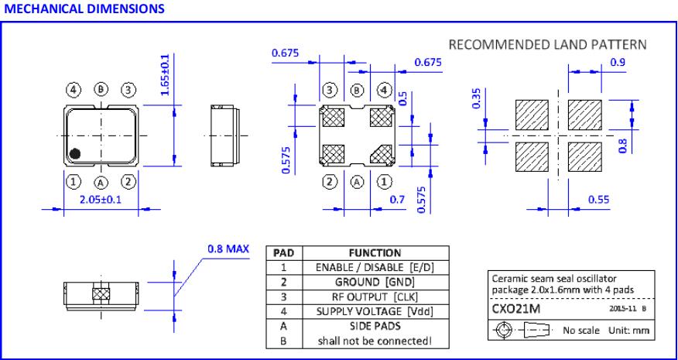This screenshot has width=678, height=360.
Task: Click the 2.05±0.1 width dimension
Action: pos(101,201)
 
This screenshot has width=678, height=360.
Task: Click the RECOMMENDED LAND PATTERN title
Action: pos(546,44)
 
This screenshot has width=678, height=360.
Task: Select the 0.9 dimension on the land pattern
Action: pos(618,62)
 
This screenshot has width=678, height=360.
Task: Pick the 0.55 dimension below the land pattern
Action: pos(597,200)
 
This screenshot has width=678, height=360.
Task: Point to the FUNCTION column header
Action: pos(374,252)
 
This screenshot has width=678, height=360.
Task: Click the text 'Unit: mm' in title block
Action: pos(627,331)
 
